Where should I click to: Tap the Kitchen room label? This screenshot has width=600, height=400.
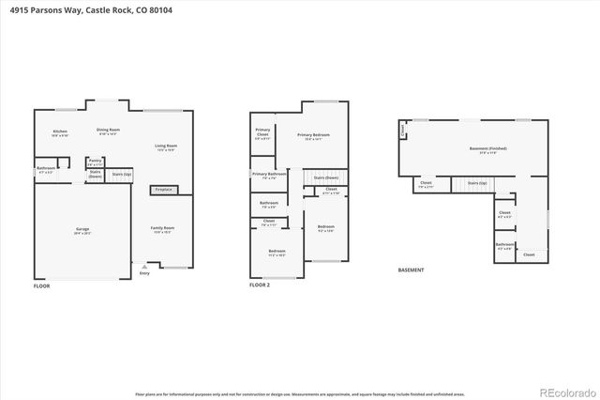coord(60,132)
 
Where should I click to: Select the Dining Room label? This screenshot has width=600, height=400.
coord(109,131)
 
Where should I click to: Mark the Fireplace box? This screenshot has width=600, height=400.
coord(164,190)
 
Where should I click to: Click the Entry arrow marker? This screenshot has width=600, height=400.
coord(144,268)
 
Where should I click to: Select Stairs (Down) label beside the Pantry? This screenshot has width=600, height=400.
coord(95,174)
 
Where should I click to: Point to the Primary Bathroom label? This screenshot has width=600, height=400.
coord(269,175)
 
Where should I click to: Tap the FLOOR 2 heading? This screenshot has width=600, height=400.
coord(260,285)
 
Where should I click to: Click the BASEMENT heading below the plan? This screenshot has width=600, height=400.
coord(412,269)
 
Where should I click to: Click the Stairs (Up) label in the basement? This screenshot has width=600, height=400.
coord(476,183)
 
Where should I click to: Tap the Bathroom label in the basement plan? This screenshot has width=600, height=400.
coord(504,246)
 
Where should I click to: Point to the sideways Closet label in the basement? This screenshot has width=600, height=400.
coord(403,131)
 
